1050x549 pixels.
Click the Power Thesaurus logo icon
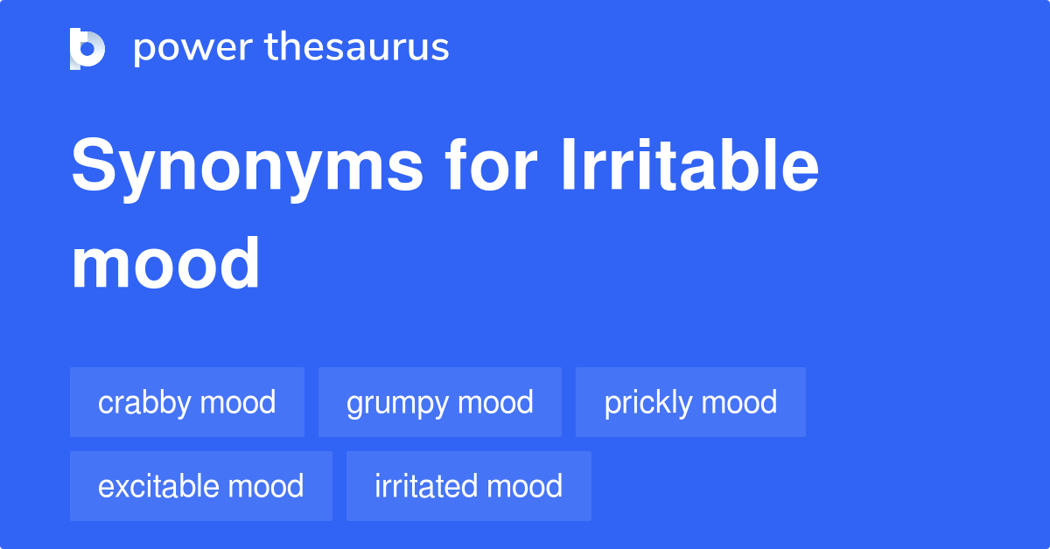click(87, 49)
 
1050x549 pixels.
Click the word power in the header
click(193, 48)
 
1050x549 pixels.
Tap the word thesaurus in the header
click(357, 46)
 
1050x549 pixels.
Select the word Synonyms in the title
click(247, 167)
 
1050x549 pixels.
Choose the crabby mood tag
click(187, 402)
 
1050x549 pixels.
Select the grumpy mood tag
click(439, 402)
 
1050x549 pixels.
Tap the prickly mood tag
click(690, 402)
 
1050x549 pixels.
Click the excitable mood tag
click(201, 486)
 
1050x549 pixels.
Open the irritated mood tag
click(469, 486)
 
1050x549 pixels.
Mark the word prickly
click(647, 403)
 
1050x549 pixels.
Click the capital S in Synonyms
click(94, 164)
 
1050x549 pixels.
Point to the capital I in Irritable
click(568, 164)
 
